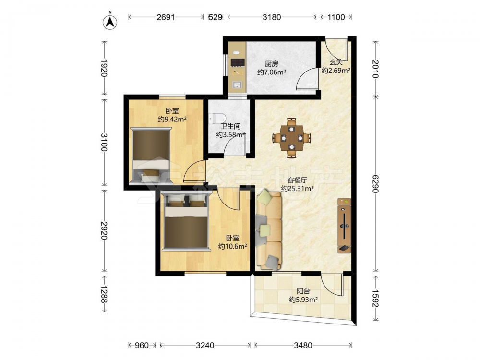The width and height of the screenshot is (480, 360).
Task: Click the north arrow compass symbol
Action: point(110,22)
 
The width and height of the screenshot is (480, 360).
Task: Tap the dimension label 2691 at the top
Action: point(166,17)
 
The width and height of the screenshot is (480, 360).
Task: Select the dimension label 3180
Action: point(272,17)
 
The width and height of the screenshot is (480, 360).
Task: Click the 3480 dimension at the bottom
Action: point(303,345)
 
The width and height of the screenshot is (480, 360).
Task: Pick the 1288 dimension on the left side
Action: point(104,294)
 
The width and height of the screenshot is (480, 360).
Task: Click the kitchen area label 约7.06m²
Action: point(272,72)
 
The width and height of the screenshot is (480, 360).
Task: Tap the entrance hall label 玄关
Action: point(336,62)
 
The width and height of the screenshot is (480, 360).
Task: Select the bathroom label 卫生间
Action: point(230,126)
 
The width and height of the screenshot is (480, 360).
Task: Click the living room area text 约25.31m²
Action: point(298,189)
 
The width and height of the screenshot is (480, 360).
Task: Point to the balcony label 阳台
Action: point(303,291)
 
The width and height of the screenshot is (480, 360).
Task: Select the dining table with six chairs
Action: point(292,138)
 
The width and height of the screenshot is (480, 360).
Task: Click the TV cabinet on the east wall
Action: point(345,226)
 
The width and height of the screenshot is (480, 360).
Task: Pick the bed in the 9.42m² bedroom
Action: point(151,156)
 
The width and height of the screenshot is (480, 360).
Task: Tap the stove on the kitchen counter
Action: point(238,62)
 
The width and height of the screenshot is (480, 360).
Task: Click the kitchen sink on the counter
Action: point(237,85)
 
